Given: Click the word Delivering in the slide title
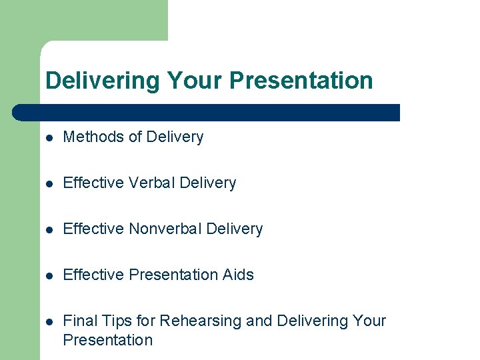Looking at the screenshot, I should point(103,81).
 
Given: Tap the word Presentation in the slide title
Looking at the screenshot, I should point(301,81).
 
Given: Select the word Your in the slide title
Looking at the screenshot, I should point(195,81).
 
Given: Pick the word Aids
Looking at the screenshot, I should point(238,275).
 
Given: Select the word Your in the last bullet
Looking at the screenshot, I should point(369,321).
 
